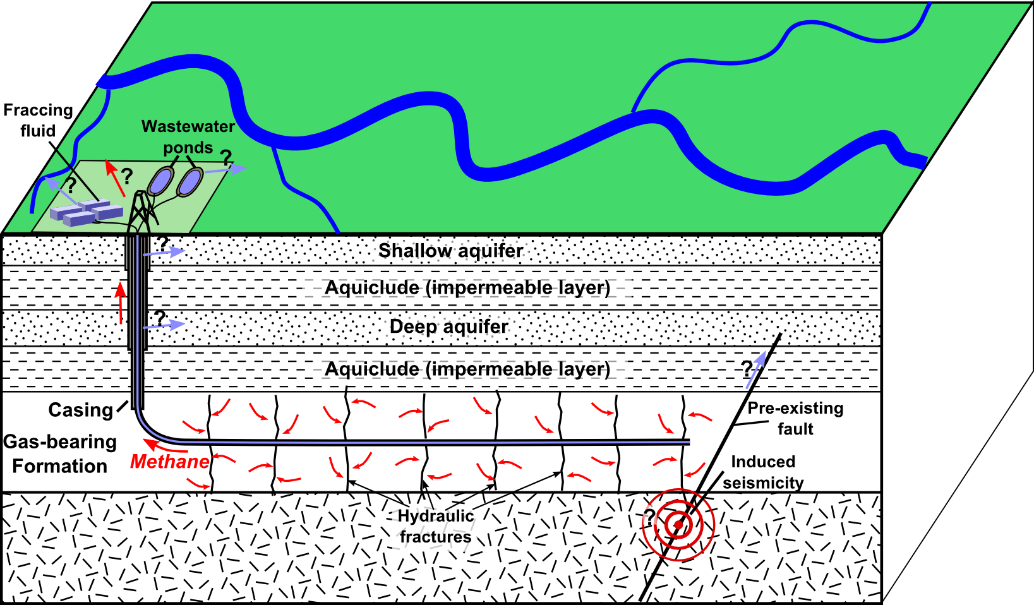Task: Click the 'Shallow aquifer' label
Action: coord(450,251)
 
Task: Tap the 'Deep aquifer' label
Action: coord(448,326)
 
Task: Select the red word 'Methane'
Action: coord(169,462)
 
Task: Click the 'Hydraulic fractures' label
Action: coord(435,526)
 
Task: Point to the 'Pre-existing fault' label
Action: coord(795,418)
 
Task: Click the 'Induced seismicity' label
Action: coord(763,472)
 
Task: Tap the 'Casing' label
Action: coord(80,410)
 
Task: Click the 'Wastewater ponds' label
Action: coord(188,136)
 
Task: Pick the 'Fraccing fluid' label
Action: coord(38,120)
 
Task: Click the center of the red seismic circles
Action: coord(678,524)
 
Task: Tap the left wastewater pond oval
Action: coord(159,181)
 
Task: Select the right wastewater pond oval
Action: coord(189,182)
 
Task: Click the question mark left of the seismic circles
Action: coord(649,517)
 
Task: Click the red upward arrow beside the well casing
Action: coord(121,303)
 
